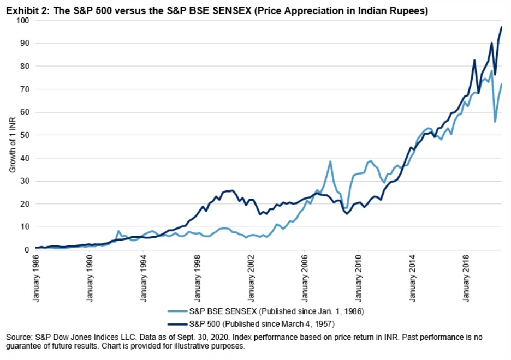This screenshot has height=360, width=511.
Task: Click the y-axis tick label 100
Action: click(x=22, y=20)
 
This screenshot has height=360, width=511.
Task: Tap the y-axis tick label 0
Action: click(x=27, y=250)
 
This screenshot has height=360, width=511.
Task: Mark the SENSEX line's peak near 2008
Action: click(x=330, y=161)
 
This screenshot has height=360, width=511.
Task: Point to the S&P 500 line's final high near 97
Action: click(x=501, y=27)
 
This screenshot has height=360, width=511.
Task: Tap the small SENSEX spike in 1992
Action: click(x=118, y=231)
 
